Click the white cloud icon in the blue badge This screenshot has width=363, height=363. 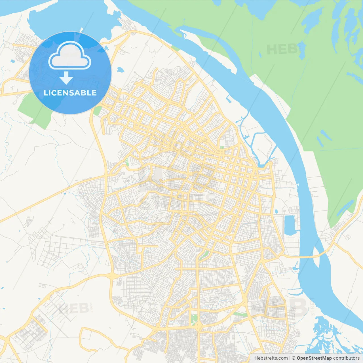[x=70, y=56]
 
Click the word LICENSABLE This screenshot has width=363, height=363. [x=70, y=93]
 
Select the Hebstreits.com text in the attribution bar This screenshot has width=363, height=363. [x=271, y=358]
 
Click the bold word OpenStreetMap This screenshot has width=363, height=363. [x=314, y=358]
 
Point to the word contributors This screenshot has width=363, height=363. [x=346, y=358]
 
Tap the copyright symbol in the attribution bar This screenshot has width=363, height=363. [x=294, y=358]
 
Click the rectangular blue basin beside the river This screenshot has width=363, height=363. [x=290, y=225]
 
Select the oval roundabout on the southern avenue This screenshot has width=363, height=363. [x=198, y=327]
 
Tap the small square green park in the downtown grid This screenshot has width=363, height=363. [x=221, y=147]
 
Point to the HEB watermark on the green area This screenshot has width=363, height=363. [x=282, y=50]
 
